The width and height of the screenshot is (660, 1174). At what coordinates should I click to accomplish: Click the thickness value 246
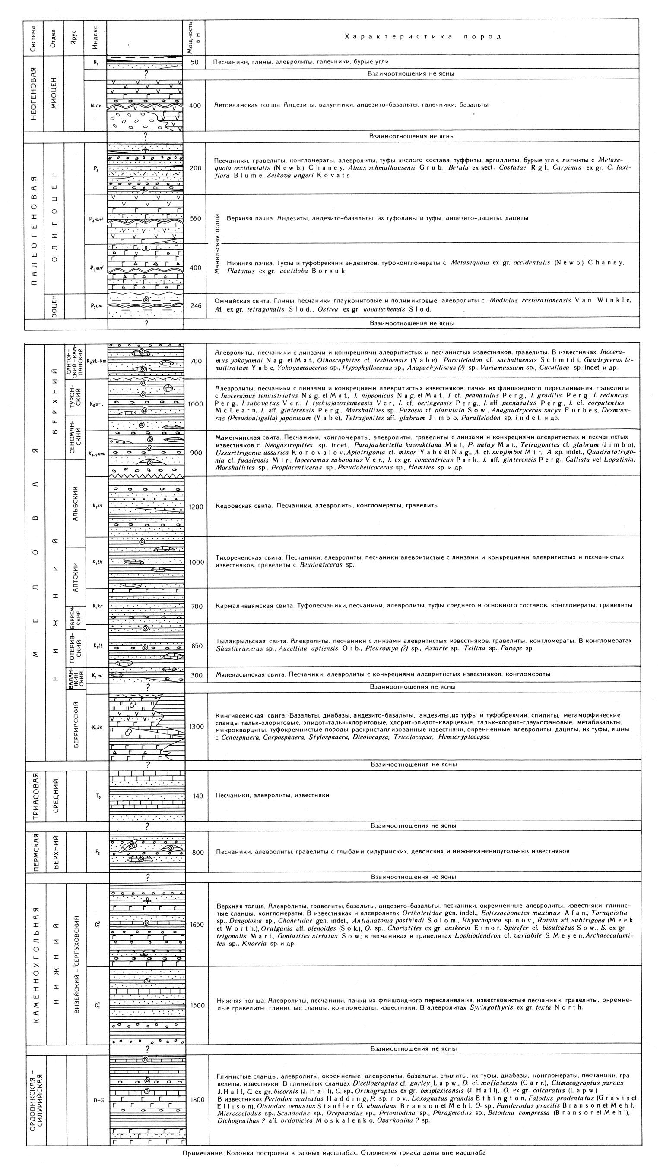tap(195, 305)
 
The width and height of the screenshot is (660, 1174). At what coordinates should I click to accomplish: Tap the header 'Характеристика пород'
tap(422, 37)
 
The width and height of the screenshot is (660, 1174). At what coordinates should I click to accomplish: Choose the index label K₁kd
tap(97, 505)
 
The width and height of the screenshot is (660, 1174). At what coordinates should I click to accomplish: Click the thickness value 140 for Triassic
tap(197, 796)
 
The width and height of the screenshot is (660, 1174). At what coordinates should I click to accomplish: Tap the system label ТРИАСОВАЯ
tap(35, 796)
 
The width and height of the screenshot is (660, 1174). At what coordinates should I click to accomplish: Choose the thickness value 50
tap(194, 62)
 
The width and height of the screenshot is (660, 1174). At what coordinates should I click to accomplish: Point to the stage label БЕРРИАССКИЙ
tap(76, 727)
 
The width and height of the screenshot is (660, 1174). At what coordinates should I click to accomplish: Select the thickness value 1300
tap(196, 727)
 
